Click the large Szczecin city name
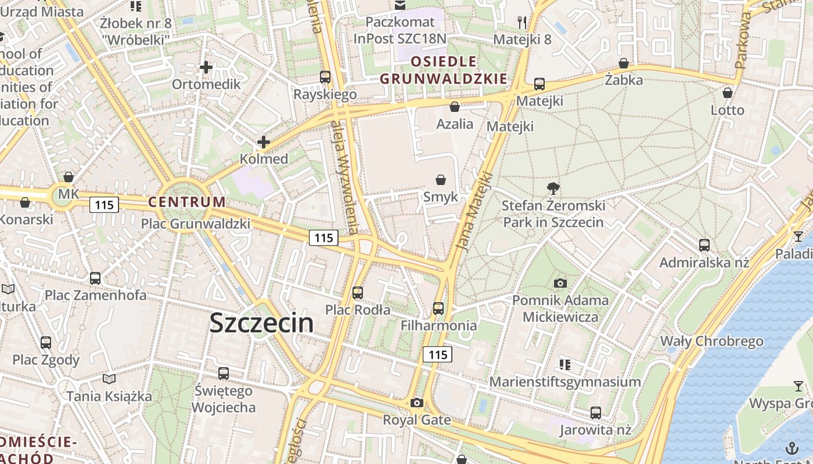tap(261, 323)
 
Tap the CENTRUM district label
tap(186, 202)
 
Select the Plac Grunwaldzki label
tap(196, 224)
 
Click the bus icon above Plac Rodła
tap(358, 293)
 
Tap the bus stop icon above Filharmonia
tap(438, 309)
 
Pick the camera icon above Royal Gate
tap(416, 403)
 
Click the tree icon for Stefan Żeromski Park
tap(553, 188)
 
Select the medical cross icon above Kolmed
tap(264, 142)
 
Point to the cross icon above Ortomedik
tap(206, 67)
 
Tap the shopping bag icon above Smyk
tap(441, 180)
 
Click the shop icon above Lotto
tap(728, 93)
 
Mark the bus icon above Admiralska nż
tap(704, 245)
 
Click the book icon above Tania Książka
tap(109, 379)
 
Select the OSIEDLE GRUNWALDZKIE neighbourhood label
tap(444, 70)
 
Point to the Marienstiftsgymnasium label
tap(565, 382)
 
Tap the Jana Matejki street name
tap(475, 211)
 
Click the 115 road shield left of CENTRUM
tap(105, 204)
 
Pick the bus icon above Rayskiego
tap(325, 77)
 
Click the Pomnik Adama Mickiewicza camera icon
tap(560, 283)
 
